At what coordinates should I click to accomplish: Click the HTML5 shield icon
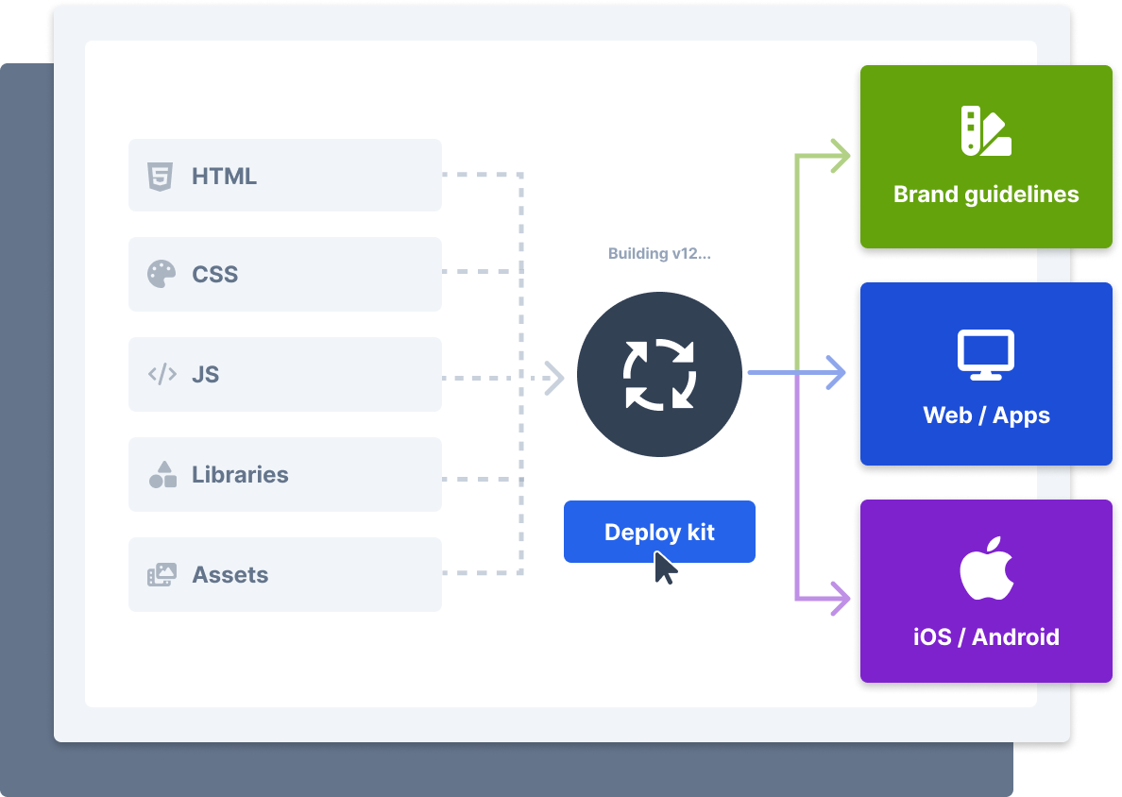[x=161, y=176]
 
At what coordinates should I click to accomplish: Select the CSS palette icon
[x=161, y=274]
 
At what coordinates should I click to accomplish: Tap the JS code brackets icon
[x=162, y=373]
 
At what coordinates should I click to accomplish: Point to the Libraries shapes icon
[x=162, y=474]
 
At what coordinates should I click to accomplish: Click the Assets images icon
[x=161, y=574]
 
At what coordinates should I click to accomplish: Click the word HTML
[x=224, y=176]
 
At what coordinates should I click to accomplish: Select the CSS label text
[x=214, y=274]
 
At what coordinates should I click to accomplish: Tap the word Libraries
[x=240, y=474]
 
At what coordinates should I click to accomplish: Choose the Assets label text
[x=229, y=574]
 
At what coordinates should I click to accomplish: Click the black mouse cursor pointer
[x=664, y=568]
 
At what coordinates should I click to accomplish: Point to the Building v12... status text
[x=659, y=253]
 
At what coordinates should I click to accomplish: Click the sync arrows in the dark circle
[x=659, y=374]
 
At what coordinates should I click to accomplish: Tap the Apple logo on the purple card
[x=987, y=568]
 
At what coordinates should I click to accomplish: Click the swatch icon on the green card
[x=986, y=130]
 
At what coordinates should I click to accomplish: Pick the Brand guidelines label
[x=986, y=195]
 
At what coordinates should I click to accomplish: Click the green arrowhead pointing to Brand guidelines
[x=840, y=156]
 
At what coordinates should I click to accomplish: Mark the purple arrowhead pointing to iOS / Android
[x=840, y=598]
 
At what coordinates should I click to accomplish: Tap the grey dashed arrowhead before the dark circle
[x=553, y=378]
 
